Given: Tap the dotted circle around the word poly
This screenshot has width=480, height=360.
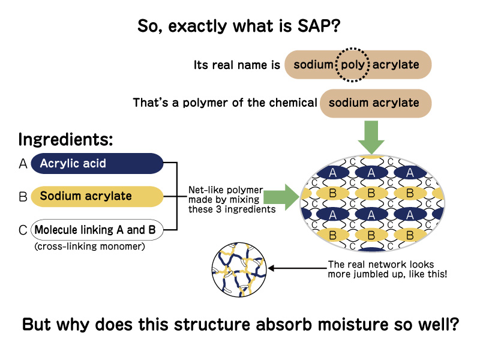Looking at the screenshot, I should pyautogui.click(x=352, y=64).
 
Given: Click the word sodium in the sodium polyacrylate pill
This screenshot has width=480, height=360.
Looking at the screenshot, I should pyautogui.click(x=313, y=64).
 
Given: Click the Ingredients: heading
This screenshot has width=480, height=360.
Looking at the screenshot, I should pyautogui.click(x=66, y=140).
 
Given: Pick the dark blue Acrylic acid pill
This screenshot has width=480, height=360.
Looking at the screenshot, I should pyautogui.click(x=96, y=163).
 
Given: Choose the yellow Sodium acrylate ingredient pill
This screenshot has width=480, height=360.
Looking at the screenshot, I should pyautogui.click(x=96, y=196).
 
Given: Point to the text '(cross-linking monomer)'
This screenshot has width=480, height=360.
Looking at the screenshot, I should pyautogui.click(x=91, y=246).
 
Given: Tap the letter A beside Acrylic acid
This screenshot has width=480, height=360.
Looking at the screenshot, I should pyautogui.click(x=23, y=163).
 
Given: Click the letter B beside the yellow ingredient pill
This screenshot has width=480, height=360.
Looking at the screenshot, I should pyautogui.click(x=23, y=196).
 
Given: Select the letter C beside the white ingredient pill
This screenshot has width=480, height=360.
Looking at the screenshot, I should pyautogui.click(x=23, y=229).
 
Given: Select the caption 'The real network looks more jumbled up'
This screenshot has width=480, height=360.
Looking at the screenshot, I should pyautogui.click(x=380, y=268).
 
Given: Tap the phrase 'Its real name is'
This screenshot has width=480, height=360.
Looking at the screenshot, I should pyautogui.click(x=236, y=65).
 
